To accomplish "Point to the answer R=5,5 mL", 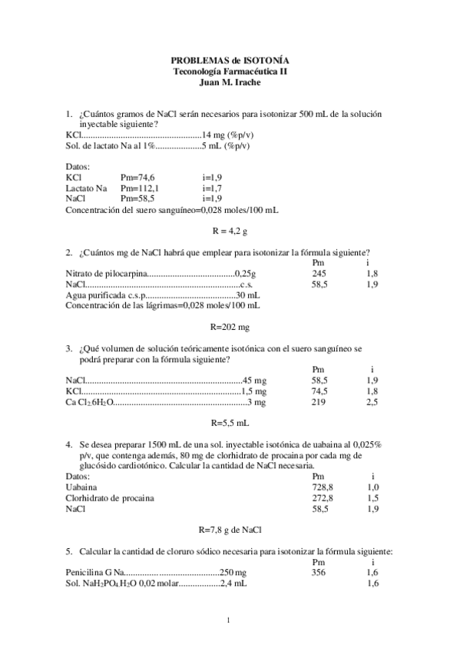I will coord(230,423).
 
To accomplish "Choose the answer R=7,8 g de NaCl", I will coord(230,529).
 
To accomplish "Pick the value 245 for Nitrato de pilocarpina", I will coord(319,273).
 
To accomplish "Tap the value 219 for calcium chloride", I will coord(319,401).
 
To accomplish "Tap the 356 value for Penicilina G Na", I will coord(319,573).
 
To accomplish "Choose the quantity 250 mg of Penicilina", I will coord(233,573).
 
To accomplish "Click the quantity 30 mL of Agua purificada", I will coord(247,294).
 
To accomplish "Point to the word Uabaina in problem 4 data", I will coord(81,487).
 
